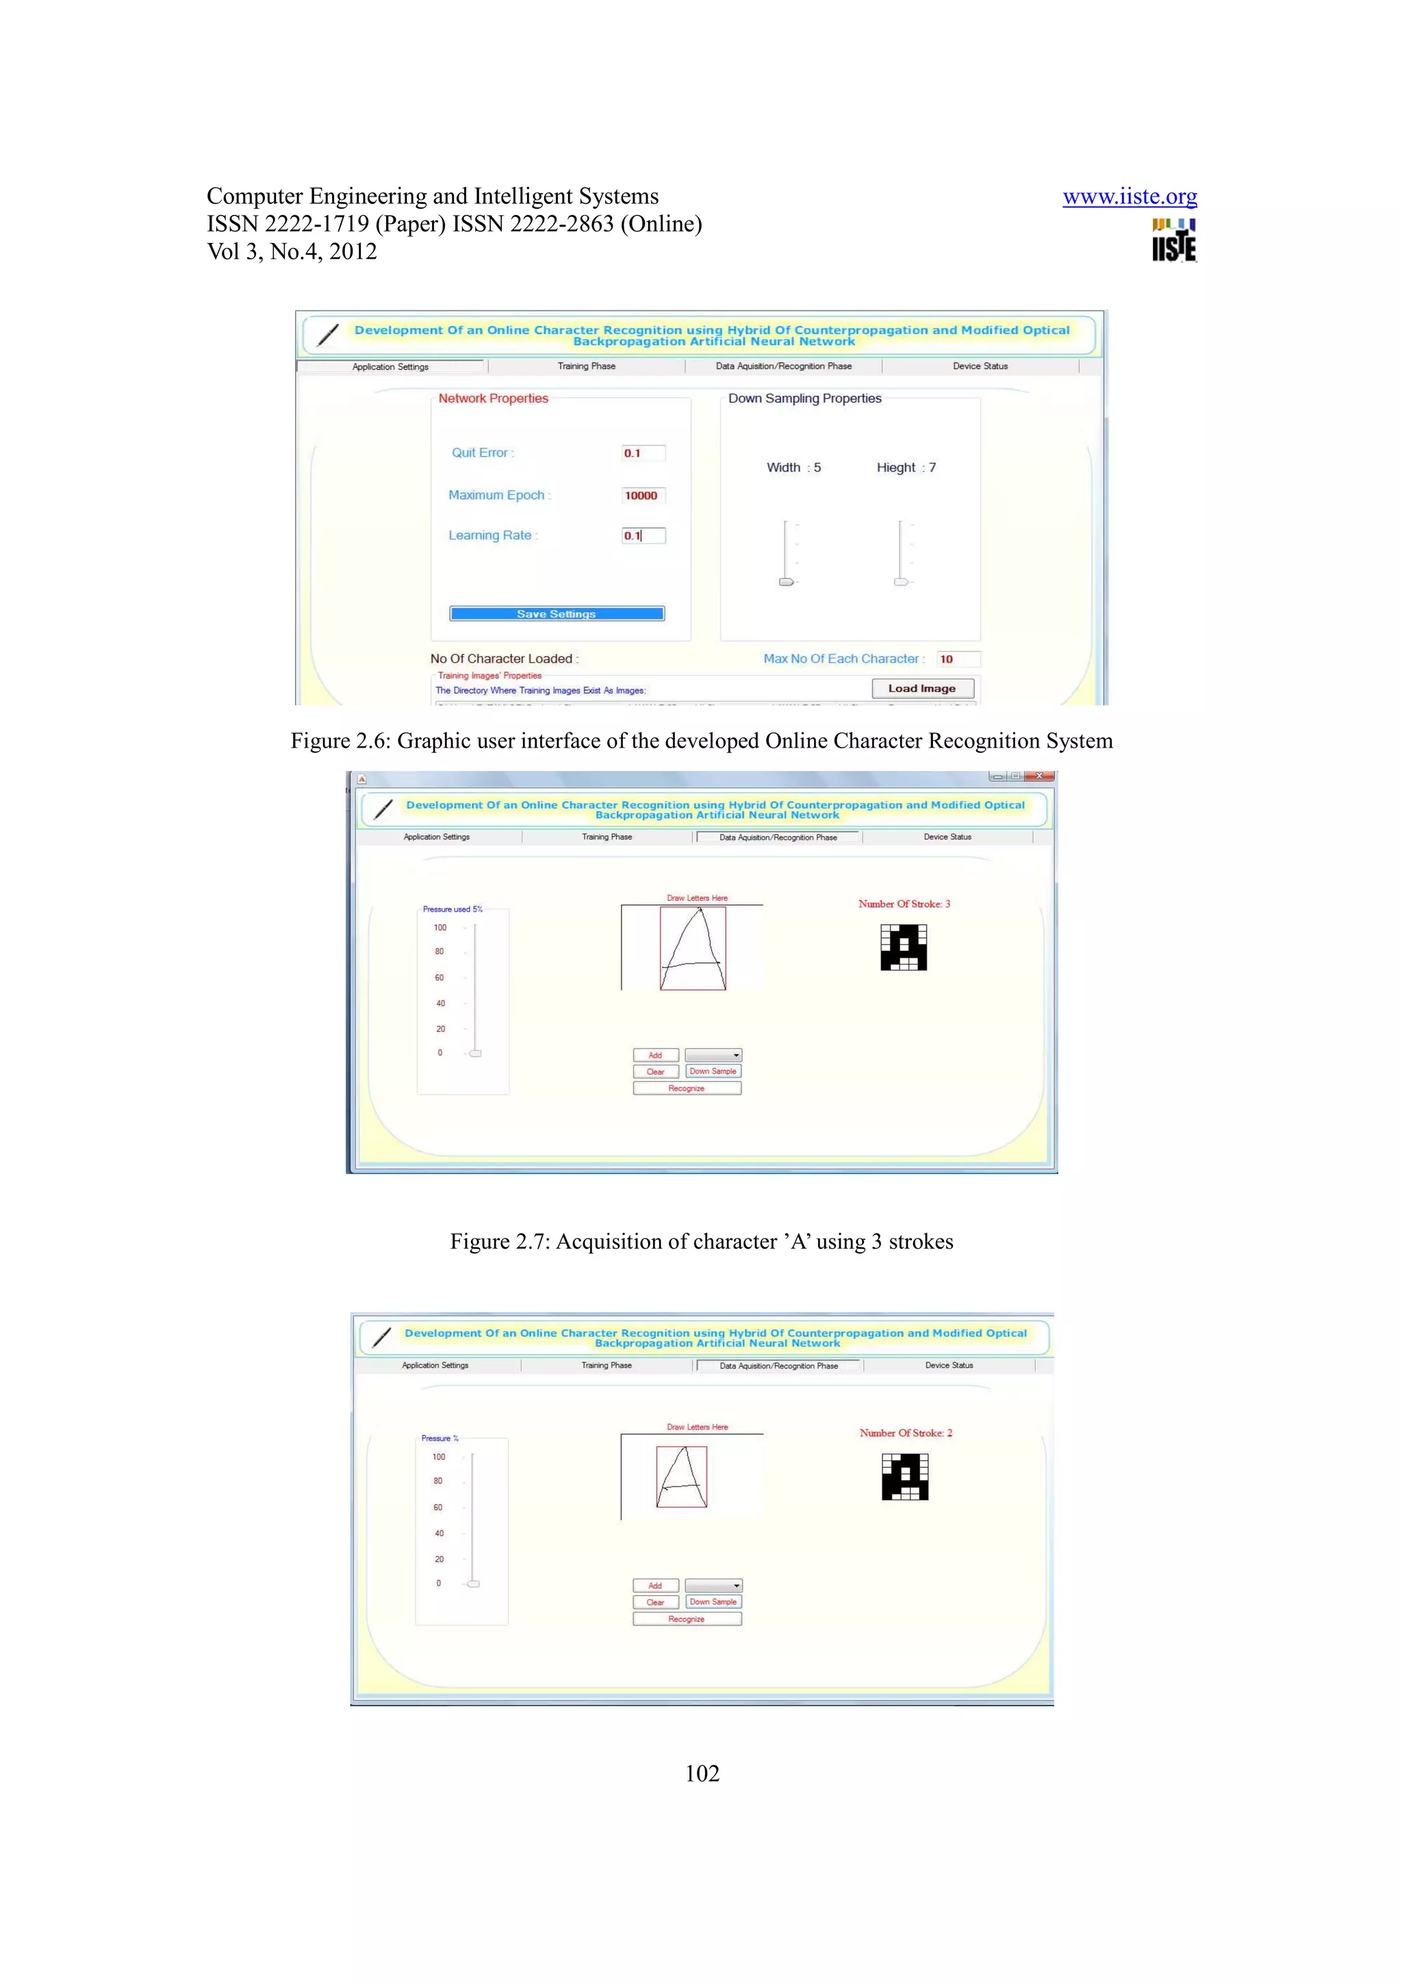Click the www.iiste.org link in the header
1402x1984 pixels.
coord(1129,197)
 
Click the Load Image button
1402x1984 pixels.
coord(921,689)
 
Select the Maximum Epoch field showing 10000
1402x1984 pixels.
coord(643,495)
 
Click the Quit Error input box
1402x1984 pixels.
coord(643,453)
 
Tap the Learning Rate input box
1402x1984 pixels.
coord(643,536)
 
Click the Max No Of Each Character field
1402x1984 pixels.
coord(957,659)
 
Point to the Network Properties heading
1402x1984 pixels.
coord(494,398)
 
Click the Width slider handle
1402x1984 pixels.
coord(786,581)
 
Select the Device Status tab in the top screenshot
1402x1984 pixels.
coord(980,366)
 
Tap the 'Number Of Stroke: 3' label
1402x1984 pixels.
coord(904,904)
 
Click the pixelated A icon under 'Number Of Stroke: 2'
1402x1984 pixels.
coord(904,1477)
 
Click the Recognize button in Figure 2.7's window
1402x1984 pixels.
coord(687,1089)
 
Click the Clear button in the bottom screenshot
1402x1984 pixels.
coord(656,1602)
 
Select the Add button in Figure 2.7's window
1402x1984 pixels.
coord(656,1055)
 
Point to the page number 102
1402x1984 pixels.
coord(702,1774)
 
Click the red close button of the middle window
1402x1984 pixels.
coord(1039,776)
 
